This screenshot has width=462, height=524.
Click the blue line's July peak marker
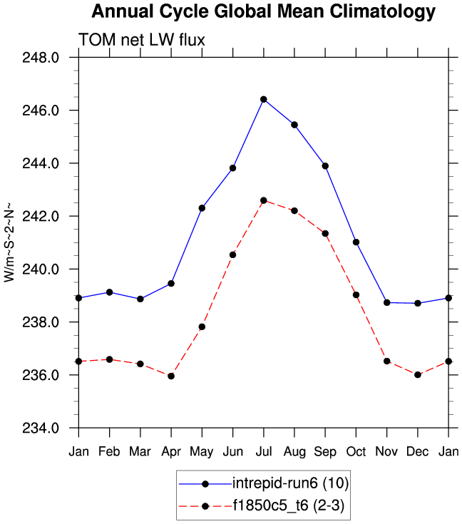click(x=264, y=99)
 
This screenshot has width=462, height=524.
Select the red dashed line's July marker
click(x=264, y=200)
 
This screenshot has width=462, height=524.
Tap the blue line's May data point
click(x=202, y=208)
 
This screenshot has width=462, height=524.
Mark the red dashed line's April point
click(x=171, y=376)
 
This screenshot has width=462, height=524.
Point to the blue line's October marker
click(x=356, y=242)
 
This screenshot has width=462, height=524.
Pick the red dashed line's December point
click(x=418, y=374)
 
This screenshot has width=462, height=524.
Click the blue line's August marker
click(x=294, y=125)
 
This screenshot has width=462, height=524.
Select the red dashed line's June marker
click(x=232, y=255)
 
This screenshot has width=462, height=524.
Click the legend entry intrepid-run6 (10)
click(x=289, y=484)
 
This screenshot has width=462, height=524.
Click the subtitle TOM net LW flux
click(x=142, y=41)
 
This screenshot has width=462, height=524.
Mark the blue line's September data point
click(x=325, y=165)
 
